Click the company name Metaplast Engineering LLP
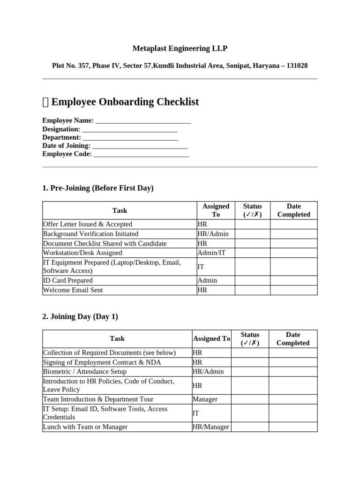(180, 48)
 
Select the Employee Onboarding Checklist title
(125, 102)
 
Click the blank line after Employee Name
(143, 121)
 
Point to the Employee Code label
(67, 154)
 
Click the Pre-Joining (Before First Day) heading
(97, 188)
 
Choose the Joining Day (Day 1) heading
(80, 316)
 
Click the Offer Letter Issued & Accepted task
(87, 224)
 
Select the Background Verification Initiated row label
(90, 233)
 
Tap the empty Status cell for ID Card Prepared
(252, 280)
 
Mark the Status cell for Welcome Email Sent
(252, 290)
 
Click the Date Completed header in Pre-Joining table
(294, 210)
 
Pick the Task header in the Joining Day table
(117, 338)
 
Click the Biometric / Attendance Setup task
(84, 371)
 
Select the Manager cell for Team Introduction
(205, 399)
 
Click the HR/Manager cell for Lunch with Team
(211, 427)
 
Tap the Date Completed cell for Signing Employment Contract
(293, 362)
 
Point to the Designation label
(61, 129)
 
